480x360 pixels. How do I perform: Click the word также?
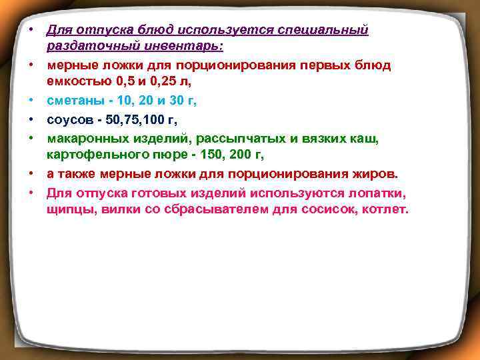(x=77, y=174)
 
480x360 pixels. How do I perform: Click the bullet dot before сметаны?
(x=31, y=100)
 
